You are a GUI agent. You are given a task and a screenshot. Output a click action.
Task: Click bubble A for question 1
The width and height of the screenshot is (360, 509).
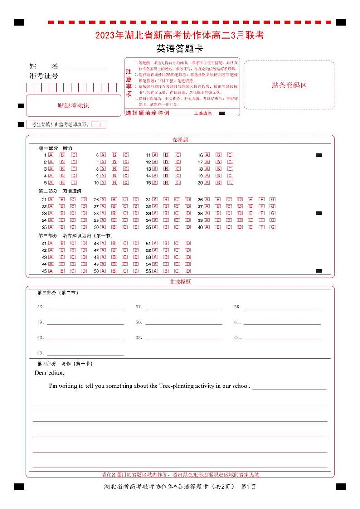tap(51, 155)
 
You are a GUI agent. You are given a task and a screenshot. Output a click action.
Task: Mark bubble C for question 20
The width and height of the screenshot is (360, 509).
tap(230, 183)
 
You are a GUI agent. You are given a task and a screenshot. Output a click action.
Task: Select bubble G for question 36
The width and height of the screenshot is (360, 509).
tap(272, 200)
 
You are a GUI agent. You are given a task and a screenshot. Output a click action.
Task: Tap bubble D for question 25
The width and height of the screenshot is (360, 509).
tap(84, 227)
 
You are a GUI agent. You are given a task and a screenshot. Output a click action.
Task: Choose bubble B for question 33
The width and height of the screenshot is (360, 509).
tap(166, 213)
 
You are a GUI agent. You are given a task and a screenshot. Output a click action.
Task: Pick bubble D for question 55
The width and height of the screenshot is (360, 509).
tap(188, 271)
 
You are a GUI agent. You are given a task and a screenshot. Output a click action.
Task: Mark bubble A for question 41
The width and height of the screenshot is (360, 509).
tap(51, 243)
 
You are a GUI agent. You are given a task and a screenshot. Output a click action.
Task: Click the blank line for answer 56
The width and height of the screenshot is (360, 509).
tap(85, 308)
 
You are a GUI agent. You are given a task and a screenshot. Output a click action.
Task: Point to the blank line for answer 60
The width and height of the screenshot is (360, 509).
tap(184, 323)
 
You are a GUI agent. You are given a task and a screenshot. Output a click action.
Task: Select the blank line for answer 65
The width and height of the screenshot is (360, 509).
tap(85, 354)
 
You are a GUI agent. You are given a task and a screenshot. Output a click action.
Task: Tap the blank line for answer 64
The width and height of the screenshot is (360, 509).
tap(282, 339)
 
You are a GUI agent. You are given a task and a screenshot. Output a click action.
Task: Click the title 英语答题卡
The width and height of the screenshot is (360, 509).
tap(180, 49)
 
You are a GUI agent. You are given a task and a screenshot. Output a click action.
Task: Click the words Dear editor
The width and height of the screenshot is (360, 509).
tap(49, 373)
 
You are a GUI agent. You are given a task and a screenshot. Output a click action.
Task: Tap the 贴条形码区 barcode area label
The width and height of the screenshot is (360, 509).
tap(289, 85)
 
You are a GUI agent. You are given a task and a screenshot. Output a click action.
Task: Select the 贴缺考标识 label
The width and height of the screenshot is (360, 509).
tap(73, 105)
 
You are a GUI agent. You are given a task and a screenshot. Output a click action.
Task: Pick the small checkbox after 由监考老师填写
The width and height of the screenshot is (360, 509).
tap(95, 124)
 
